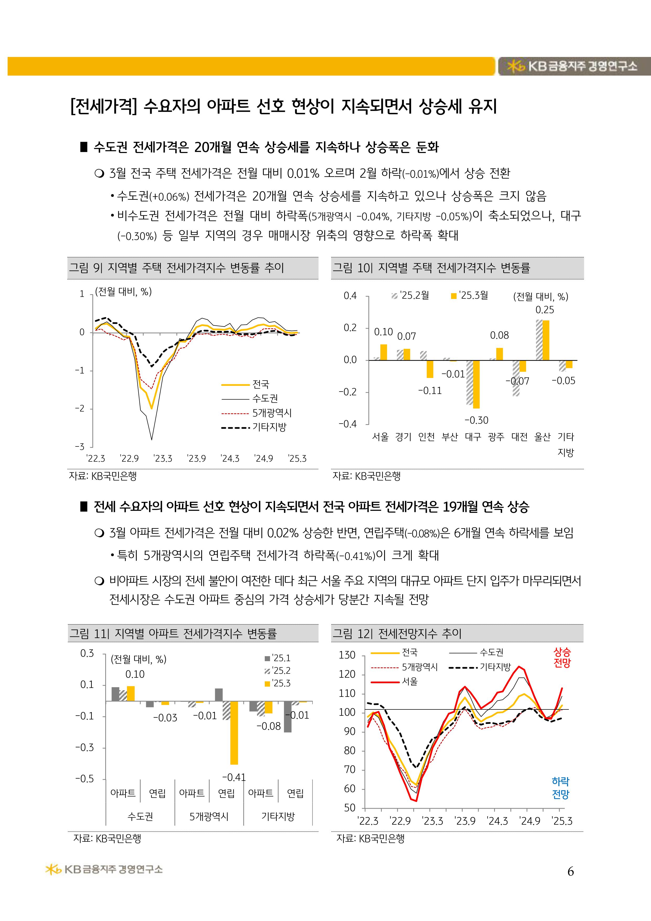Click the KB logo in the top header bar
515,66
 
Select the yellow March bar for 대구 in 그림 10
476,384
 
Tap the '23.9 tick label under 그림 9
197,459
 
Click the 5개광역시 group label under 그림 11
209,816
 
